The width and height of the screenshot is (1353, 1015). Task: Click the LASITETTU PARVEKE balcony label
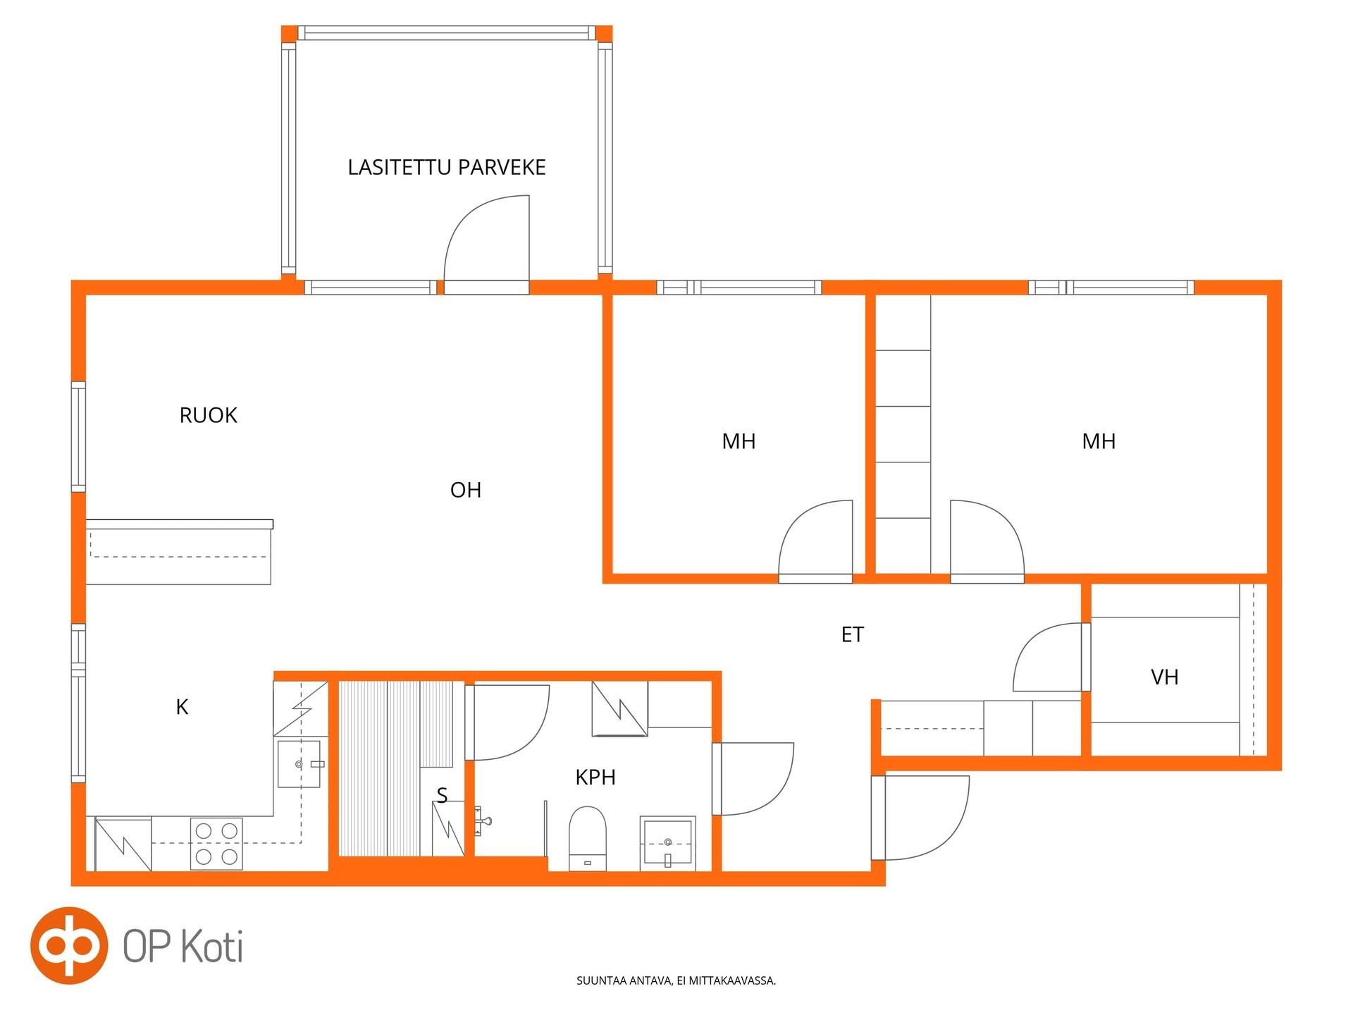[447, 167]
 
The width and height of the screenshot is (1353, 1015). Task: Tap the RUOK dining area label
[209, 415]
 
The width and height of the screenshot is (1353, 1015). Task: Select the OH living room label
[466, 490]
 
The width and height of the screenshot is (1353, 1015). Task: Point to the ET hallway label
[853, 634]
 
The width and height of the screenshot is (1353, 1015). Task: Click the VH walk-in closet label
[1165, 677]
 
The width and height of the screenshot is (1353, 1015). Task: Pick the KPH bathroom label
[595, 777]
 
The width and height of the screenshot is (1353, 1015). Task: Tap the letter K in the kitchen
[182, 707]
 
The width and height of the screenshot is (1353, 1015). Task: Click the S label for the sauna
[442, 795]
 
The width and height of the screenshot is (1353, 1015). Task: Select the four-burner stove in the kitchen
[216, 843]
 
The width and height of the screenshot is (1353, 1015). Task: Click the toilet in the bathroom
[588, 839]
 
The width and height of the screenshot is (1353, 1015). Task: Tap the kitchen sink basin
[299, 763]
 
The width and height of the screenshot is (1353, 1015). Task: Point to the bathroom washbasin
[667, 843]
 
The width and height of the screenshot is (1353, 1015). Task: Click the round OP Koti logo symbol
[69, 945]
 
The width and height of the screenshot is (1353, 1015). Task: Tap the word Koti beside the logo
[213, 946]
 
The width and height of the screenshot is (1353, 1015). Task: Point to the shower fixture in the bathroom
[483, 821]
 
